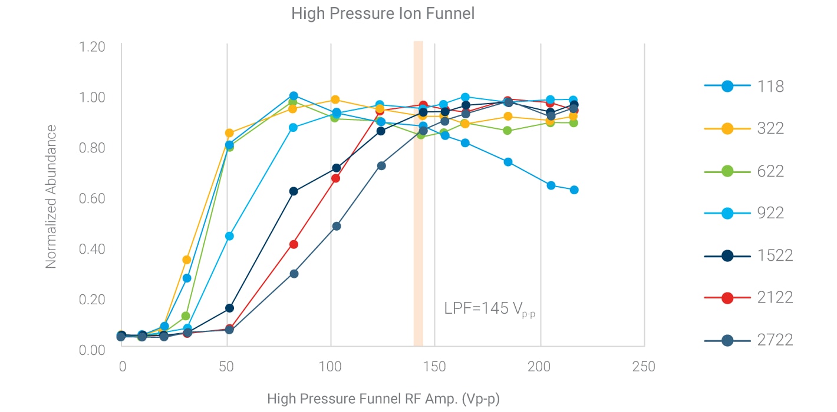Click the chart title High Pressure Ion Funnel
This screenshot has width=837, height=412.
pos(383,14)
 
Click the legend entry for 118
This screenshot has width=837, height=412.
pos(727,86)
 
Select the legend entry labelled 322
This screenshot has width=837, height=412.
pos(727,128)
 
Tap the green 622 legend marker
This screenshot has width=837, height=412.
pos(727,171)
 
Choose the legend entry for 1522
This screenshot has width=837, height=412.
pos(727,255)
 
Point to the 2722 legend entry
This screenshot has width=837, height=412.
pos(727,340)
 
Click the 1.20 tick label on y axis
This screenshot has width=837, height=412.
pos(92,46)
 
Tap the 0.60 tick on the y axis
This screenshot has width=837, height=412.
pos(92,198)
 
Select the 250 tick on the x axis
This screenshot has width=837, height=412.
pos(643,367)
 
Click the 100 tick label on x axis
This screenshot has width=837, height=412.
pos(331,367)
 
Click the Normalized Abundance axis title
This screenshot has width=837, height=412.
pos(51,197)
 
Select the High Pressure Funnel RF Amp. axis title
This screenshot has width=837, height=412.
pos(383,399)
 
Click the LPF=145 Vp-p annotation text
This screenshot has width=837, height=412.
pos(489,309)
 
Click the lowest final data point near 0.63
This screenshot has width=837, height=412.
pos(574,190)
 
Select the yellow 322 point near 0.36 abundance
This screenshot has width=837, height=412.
pos(187,260)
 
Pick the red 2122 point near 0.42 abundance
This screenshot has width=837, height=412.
pos(294,244)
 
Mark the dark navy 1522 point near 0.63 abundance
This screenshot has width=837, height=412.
pos(294,191)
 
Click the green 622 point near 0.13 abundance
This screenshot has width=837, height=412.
pos(186,316)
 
